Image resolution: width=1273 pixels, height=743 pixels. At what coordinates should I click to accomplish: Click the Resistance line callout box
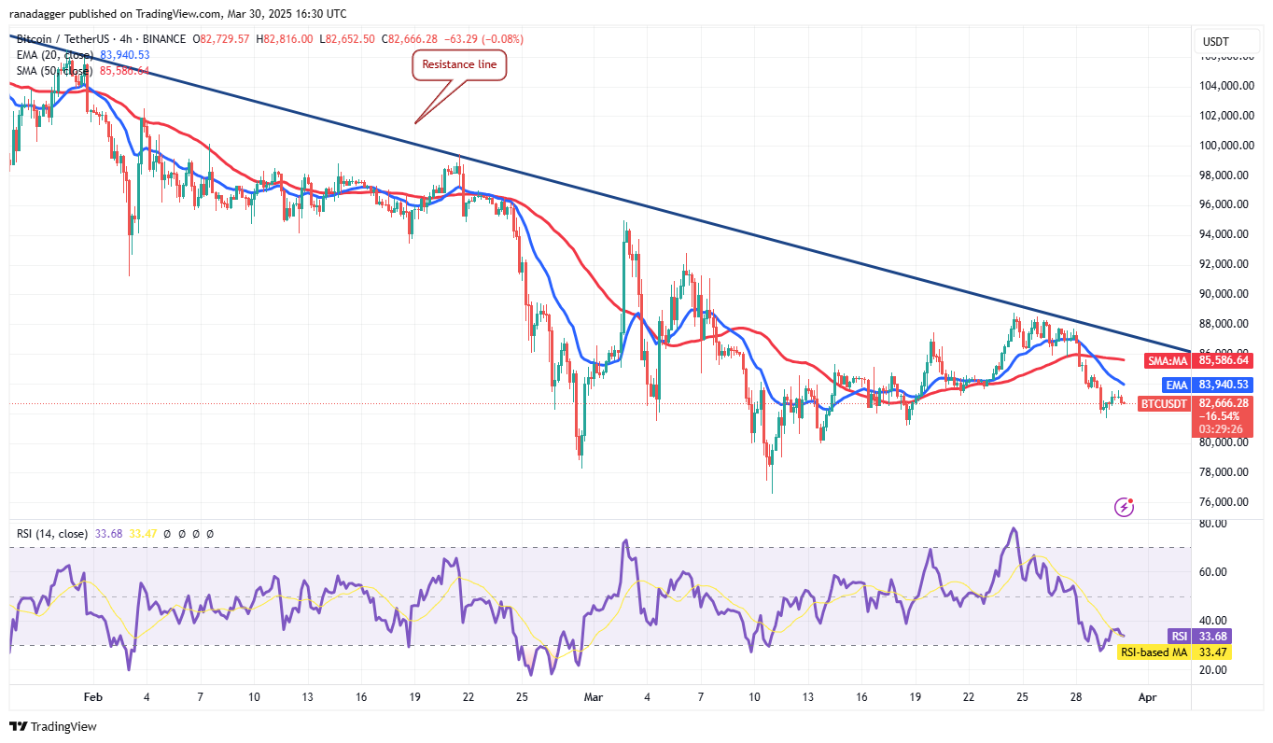click(x=458, y=65)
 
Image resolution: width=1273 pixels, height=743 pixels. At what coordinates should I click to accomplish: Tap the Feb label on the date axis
click(x=91, y=697)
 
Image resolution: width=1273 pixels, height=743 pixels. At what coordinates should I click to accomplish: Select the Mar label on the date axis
click(x=594, y=697)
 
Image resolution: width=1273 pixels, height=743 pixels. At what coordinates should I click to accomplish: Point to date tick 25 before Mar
click(x=523, y=697)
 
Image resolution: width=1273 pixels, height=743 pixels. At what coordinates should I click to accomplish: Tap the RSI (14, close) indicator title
click(x=52, y=534)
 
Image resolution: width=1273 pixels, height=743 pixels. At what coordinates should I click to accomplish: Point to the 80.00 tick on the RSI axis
click(x=1213, y=525)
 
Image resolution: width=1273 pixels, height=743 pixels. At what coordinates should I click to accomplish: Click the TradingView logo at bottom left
click(x=53, y=726)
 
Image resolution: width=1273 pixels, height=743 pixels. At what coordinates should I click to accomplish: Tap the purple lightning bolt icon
click(x=1125, y=507)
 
